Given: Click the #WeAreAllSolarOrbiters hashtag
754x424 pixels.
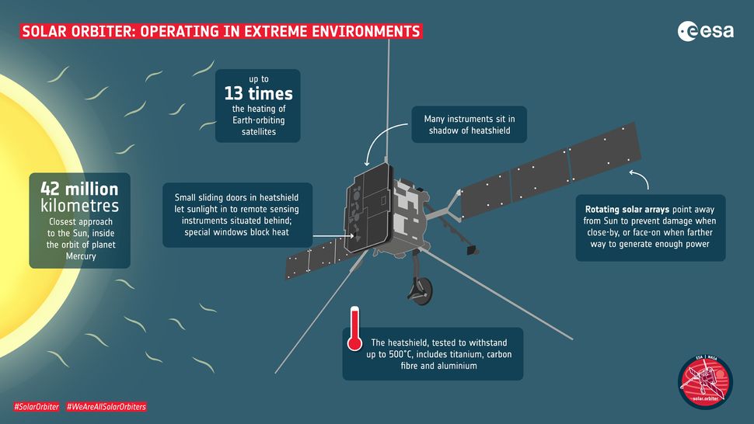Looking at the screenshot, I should (106, 407).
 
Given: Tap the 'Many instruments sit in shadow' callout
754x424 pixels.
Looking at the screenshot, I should (469, 124).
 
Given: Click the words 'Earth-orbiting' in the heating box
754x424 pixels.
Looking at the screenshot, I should (253, 121).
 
